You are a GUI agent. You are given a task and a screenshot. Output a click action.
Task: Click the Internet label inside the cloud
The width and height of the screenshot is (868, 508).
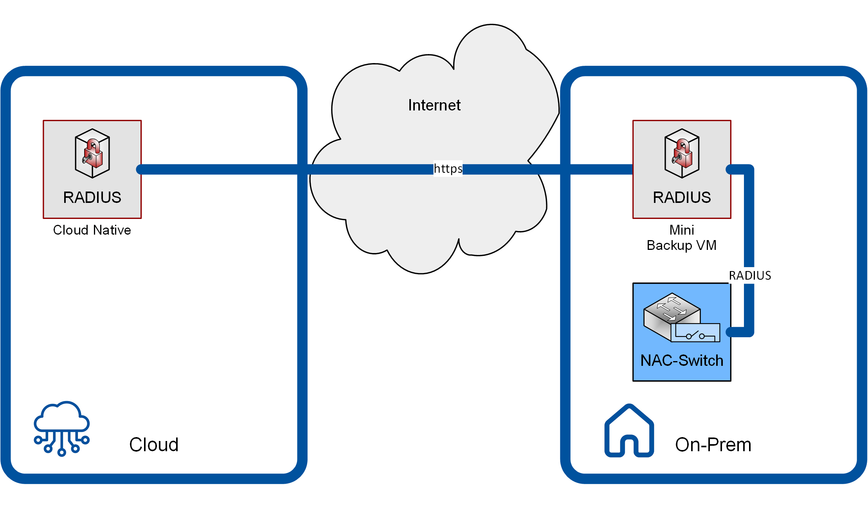(434, 105)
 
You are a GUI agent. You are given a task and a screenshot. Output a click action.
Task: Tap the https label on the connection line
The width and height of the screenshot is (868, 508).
(448, 169)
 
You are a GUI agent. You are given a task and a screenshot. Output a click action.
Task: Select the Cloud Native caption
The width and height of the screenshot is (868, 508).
(92, 230)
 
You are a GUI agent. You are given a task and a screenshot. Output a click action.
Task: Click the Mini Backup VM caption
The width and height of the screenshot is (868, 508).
(681, 237)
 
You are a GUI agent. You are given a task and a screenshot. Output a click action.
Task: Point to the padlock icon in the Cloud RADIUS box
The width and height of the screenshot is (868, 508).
(92, 154)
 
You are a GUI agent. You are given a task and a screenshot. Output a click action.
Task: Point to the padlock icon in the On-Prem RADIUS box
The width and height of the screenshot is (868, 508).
(682, 154)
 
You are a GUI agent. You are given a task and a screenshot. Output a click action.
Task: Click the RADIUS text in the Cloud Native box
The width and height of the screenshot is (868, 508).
(92, 197)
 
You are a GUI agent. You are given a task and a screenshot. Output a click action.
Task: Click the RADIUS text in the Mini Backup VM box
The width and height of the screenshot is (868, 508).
(682, 197)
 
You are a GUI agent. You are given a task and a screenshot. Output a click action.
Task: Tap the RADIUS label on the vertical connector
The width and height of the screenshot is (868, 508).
(749, 275)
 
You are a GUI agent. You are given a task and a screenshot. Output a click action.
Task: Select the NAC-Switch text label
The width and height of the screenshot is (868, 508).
(682, 360)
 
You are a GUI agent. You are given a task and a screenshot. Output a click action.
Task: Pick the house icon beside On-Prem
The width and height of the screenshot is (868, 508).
(629, 431)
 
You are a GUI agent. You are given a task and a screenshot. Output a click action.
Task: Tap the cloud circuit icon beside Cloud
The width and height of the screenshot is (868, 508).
(62, 428)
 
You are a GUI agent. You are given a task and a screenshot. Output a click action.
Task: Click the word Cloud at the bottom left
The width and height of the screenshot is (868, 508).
(154, 445)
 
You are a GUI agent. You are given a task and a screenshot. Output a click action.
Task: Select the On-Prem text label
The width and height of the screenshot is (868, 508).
(713, 445)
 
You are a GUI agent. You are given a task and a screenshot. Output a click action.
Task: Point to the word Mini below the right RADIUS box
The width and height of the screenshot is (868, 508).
(682, 230)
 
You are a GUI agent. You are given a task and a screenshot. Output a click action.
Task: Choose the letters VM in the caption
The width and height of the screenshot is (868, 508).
(706, 245)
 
